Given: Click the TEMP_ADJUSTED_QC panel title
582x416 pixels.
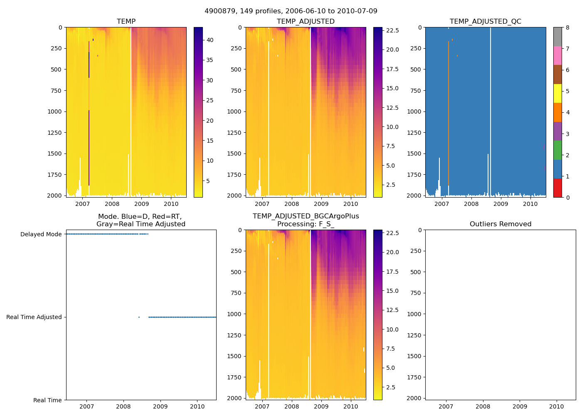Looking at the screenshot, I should (x=485, y=22).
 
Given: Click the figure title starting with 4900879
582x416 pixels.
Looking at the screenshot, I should (x=291, y=11).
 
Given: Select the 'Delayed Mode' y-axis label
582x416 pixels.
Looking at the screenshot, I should (x=41, y=234).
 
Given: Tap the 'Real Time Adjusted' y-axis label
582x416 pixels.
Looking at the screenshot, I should (x=34, y=317).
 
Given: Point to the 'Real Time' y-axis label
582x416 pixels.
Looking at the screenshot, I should (x=47, y=400).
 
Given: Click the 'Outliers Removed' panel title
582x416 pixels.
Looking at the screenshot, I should (x=501, y=224).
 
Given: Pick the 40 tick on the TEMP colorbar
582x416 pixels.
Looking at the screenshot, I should (x=210, y=40).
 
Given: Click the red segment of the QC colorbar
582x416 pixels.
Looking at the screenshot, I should (x=557, y=188).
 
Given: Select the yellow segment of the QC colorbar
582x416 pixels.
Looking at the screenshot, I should (x=557, y=93).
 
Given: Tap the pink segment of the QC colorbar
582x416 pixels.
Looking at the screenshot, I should (x=557, y=55).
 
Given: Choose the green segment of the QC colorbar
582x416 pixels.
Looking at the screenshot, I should (x=557, y=150).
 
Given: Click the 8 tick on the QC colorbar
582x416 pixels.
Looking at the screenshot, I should (x=567, y=27).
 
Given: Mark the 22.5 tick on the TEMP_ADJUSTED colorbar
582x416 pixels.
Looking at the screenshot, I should (x=392, y=30).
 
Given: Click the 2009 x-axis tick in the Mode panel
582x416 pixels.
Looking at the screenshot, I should (x=160, y=406).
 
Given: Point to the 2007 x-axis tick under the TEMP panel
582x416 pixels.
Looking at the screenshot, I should (x=82, y=204).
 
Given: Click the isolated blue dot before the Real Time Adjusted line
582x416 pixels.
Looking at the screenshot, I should (x=139, y=317).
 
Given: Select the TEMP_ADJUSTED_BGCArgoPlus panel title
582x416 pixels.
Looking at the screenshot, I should (x=306, y=220).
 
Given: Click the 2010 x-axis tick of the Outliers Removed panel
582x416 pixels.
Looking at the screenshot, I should (x=557, y=406).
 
